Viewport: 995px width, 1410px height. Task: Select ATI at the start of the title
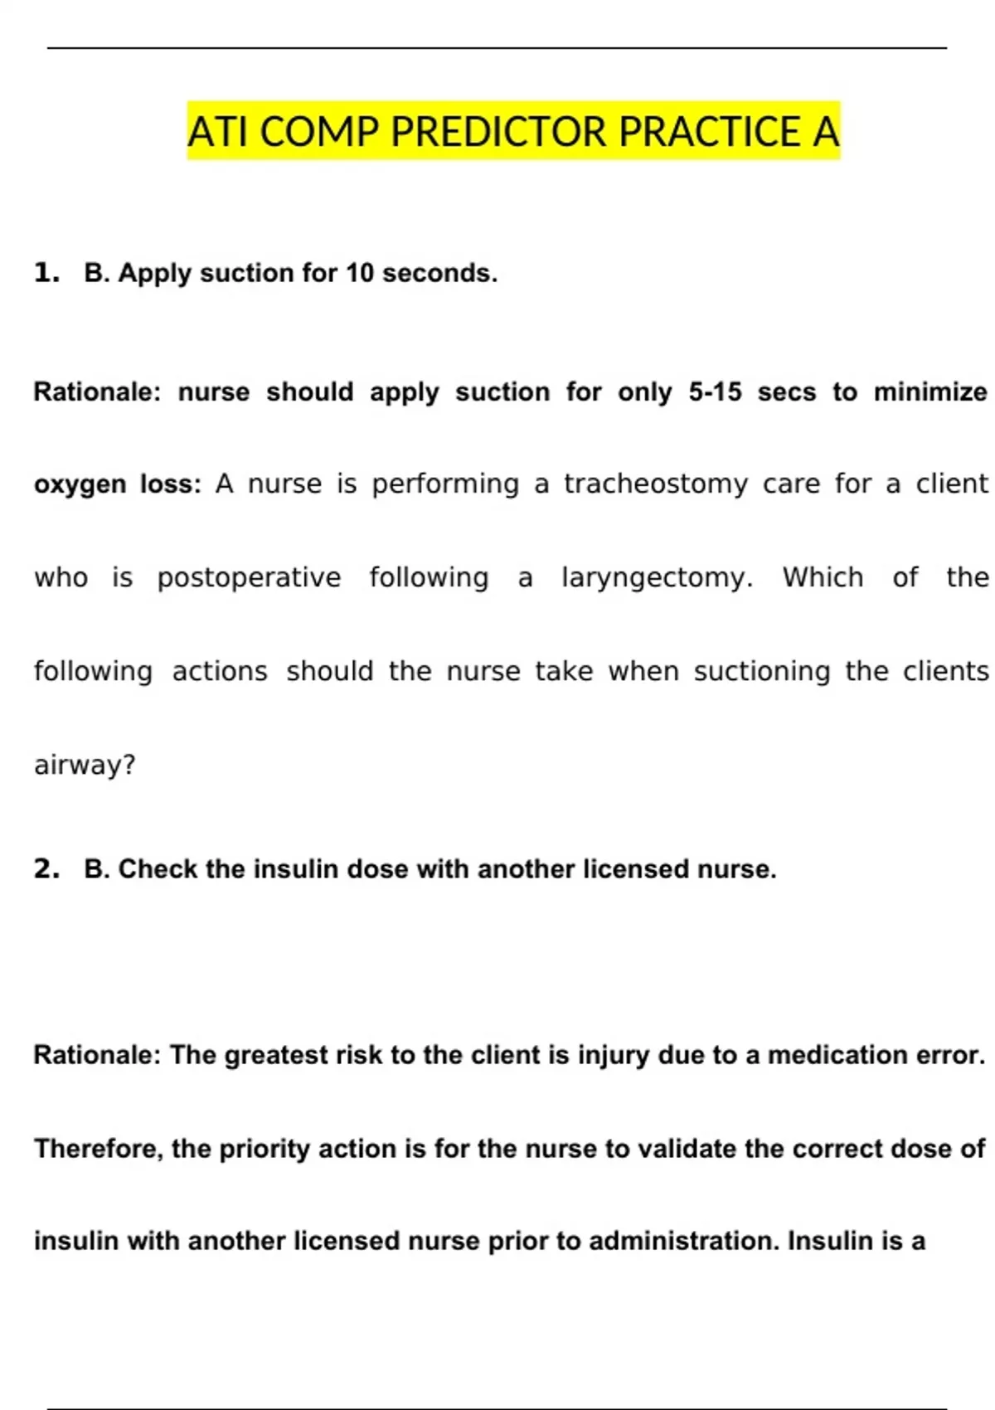pyautogui.click(x=218, y=132)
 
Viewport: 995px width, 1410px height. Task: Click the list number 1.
pyautogui.click(x=46, y=273)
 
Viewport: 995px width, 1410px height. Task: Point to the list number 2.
pyautogui.click(x=46, y=868)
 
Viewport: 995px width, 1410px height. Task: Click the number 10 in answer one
pyautogui.click(x=360, y=273)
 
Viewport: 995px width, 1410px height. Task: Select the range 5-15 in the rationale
pyautogui.click(x=715, y=391)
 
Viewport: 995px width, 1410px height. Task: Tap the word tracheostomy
pyautogui.click(x=656, y=484)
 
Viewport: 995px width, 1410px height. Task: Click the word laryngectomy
pyautogui.click(x=657, y=577)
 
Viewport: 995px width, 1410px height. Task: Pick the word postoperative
pyautogui.click(x=249, y=577)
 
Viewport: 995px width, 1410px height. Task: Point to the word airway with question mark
pyautogui.click(x=85, y=765)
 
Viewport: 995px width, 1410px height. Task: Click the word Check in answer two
pyautogui.click(x=158, y=868)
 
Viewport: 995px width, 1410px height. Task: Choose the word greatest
pyautogui.click(x=270, y=1055)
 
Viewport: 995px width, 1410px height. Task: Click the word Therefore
pyautogui.click(x=99, y=1149)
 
